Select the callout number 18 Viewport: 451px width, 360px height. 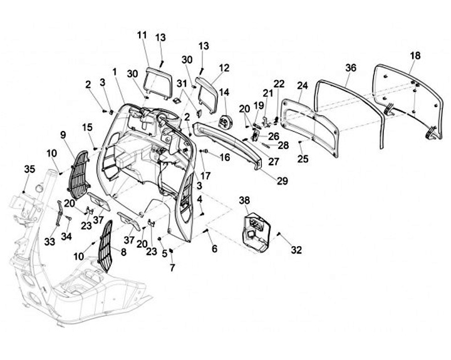(x=415, y=55)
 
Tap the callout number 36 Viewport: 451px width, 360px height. (x=350, y=67)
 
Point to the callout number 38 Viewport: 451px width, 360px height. (x=245, y=200)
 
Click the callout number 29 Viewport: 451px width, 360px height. (x=282, y=181)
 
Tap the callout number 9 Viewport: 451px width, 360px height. (x=63, y=135)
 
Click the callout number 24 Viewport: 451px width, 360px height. (x=303, y=86)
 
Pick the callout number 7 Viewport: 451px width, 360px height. (x=172, y=267)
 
